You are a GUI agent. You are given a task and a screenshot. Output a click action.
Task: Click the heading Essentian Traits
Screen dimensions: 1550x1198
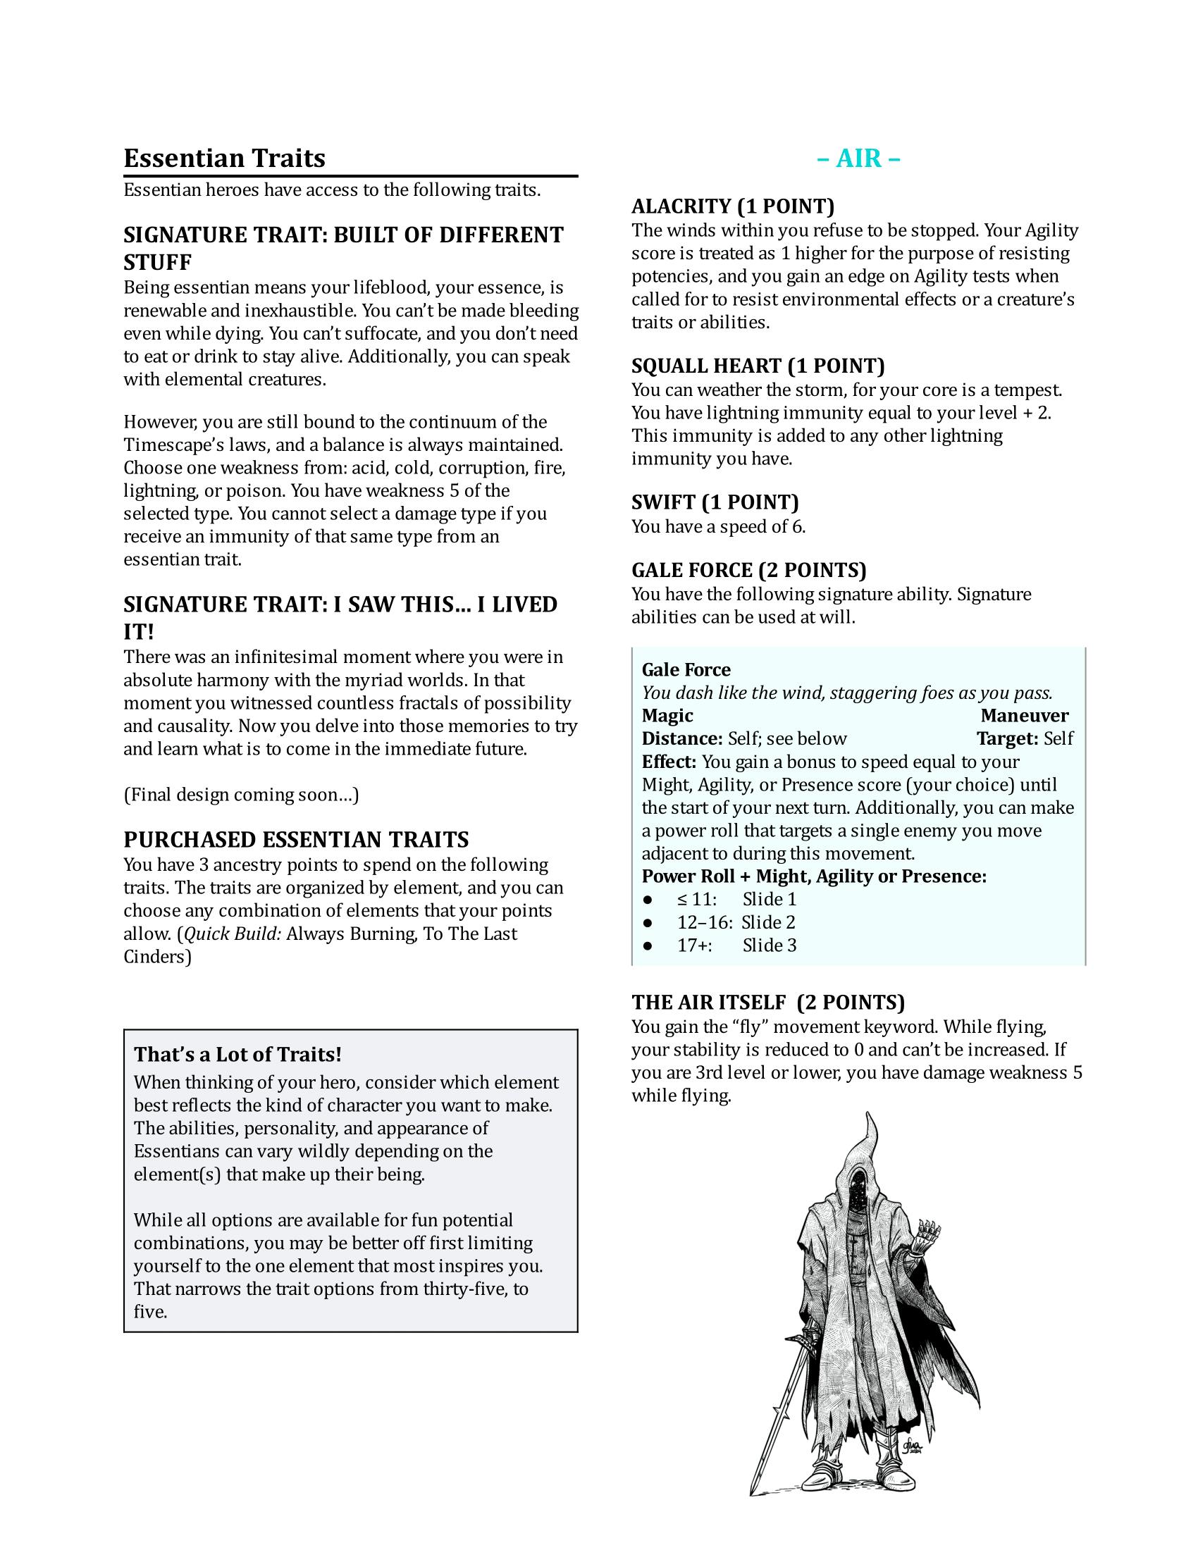point(224,159)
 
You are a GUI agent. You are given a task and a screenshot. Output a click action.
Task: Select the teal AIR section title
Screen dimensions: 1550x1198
point(858,159)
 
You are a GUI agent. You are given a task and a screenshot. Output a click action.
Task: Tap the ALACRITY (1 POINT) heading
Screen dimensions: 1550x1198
point(732,206)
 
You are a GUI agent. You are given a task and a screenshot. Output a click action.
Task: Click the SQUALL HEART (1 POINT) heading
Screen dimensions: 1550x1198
point(758,366)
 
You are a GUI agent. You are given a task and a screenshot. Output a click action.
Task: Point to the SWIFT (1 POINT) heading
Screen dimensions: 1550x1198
point(715,502)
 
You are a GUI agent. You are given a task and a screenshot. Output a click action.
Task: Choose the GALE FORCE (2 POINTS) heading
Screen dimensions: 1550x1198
point(748,571)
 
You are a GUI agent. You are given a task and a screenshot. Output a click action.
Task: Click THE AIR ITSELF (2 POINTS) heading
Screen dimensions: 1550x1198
point(768,1002)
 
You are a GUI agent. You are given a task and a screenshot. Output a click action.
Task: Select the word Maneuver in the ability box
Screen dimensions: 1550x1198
point(1024,716)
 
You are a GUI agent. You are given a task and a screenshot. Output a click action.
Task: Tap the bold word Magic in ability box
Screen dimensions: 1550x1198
point(667,716)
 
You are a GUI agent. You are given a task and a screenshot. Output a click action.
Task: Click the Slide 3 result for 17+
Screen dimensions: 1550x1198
point(770,945)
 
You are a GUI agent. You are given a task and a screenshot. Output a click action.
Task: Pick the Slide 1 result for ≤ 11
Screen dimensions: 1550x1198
point(770,900)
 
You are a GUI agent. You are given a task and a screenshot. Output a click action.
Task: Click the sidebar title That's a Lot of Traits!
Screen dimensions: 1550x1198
point(237,1055)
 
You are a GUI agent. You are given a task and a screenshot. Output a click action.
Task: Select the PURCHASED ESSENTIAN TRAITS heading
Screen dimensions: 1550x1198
point(296,841)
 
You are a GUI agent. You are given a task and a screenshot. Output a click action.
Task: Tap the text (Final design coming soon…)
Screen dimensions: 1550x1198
point(241,795)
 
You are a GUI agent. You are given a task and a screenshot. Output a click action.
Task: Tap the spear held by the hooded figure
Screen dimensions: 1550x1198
point(781,1413)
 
